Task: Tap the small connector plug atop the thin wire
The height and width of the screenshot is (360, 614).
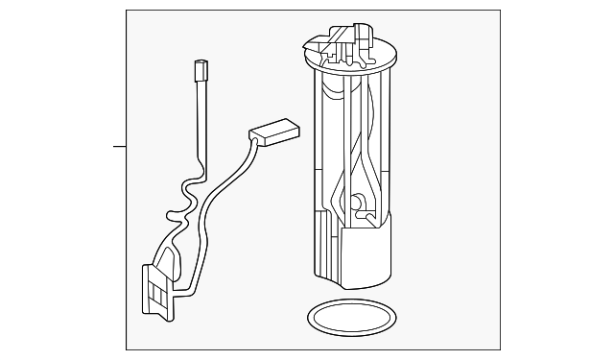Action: (201, 70)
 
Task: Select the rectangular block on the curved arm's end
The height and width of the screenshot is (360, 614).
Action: (273, 130)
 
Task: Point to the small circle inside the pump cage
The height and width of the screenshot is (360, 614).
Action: (356, 204)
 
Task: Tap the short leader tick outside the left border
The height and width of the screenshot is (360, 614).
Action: (119, 147)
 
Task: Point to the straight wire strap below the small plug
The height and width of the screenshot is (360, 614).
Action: (200, 120)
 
